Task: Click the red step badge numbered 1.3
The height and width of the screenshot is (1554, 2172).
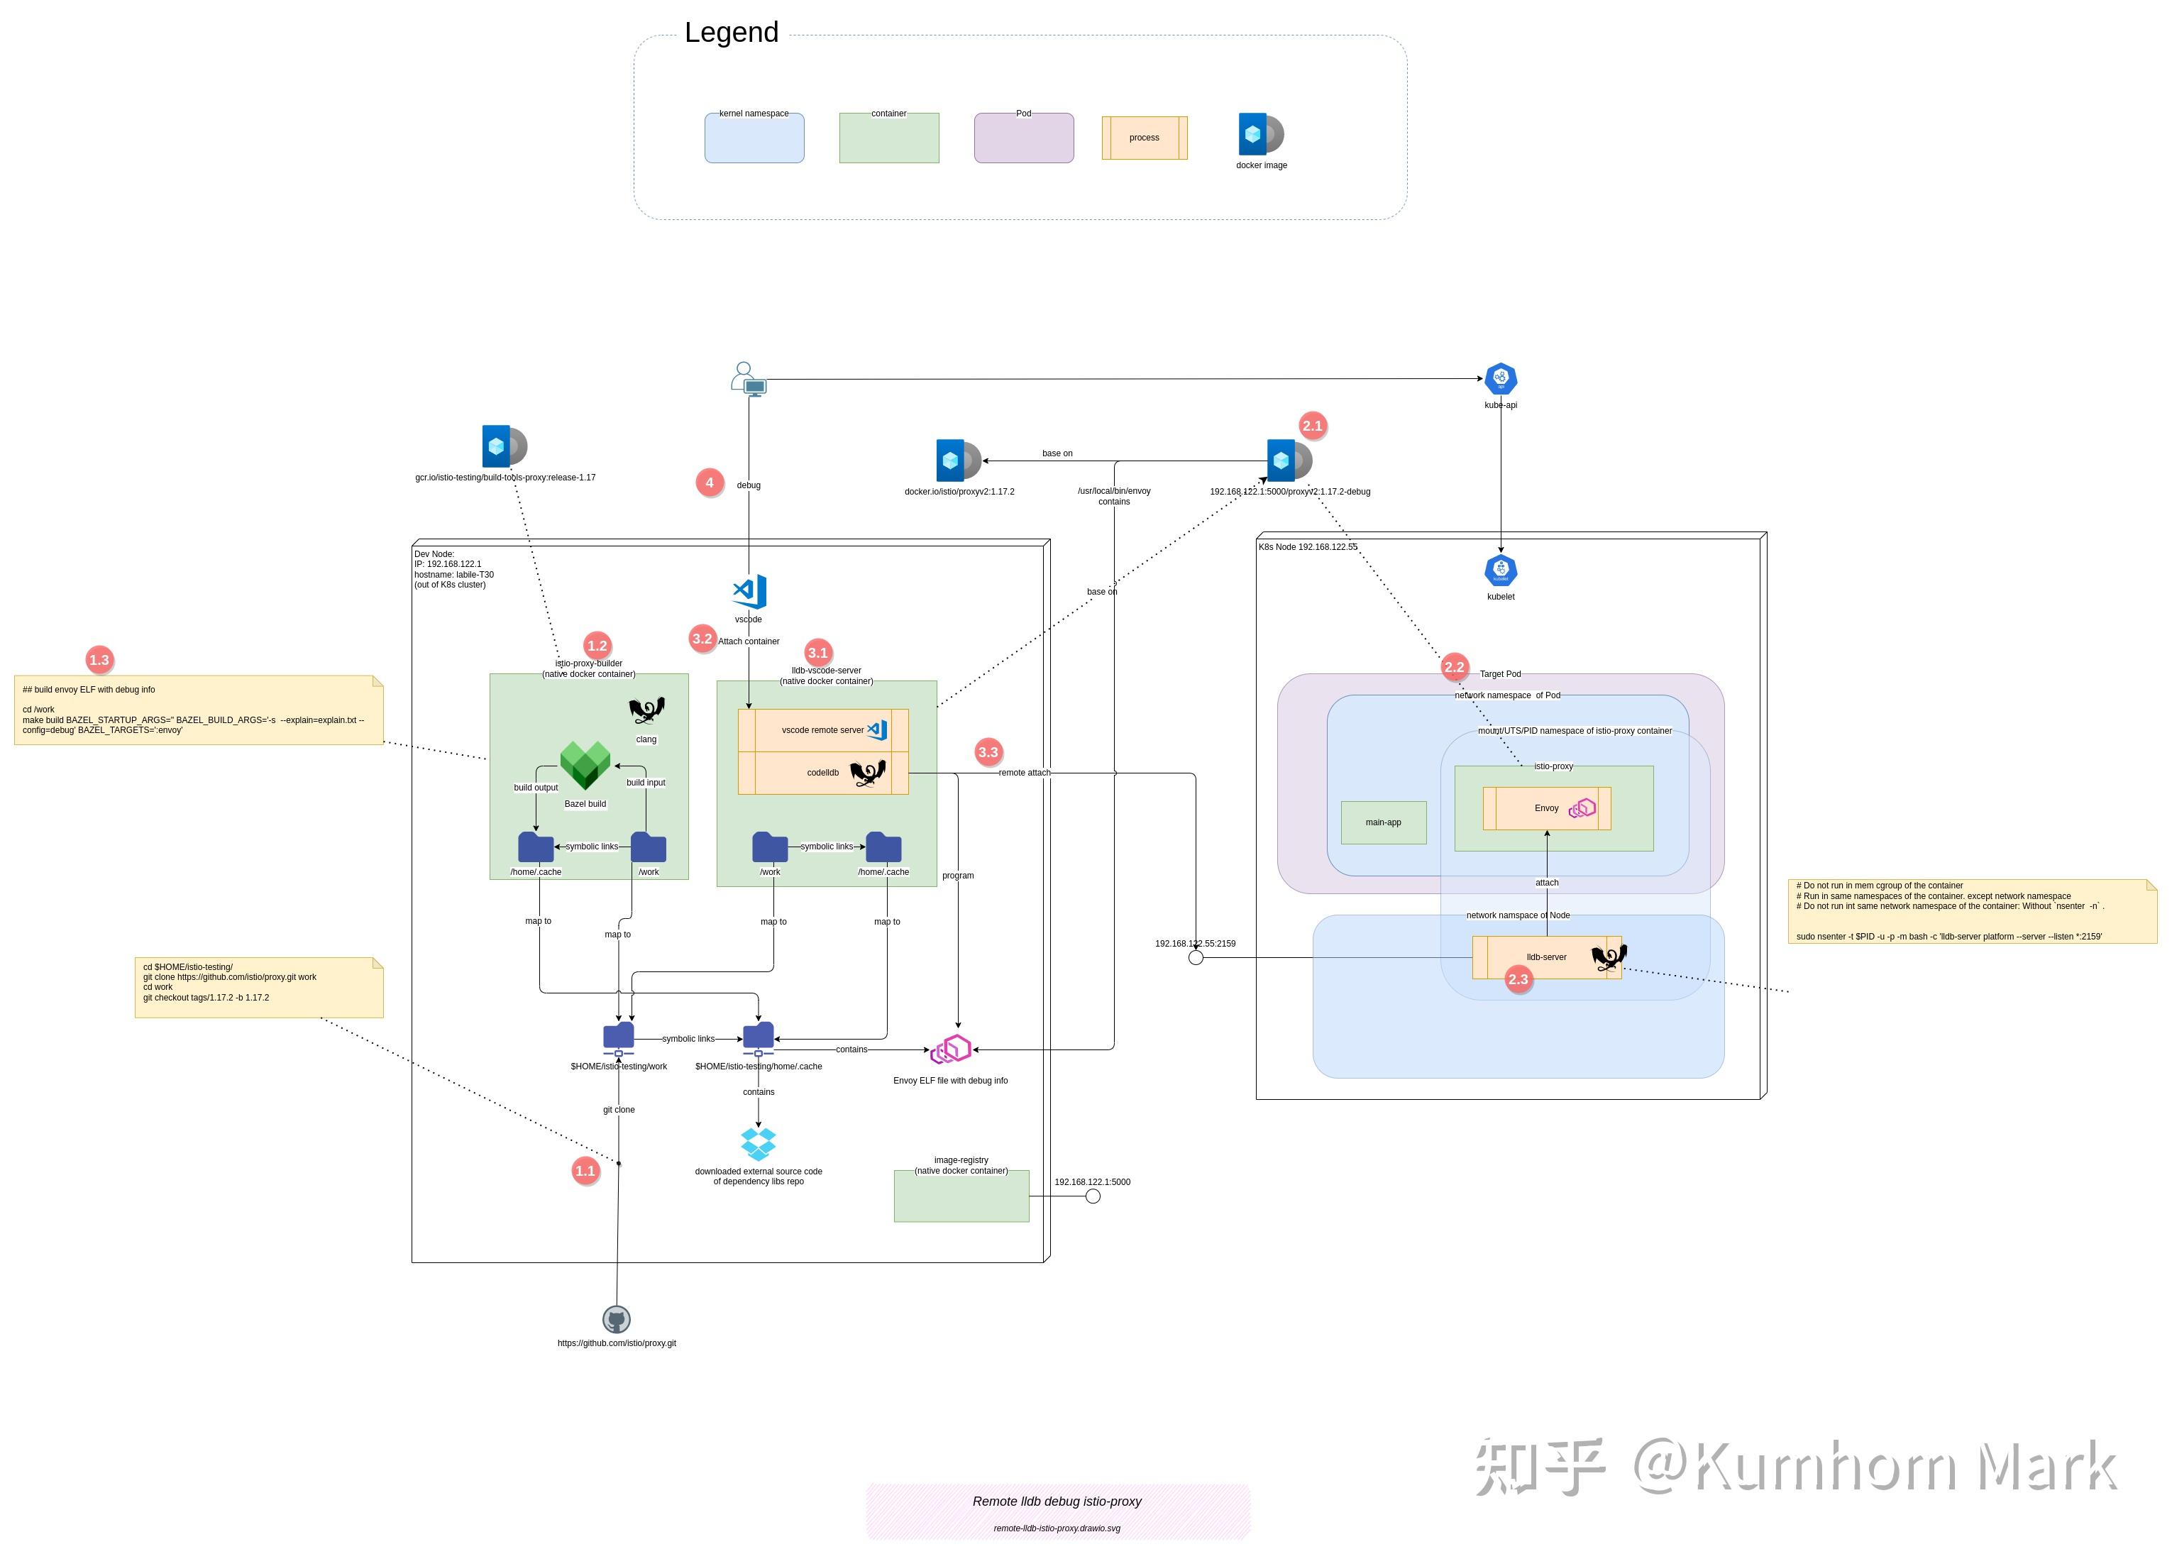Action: (99, 659)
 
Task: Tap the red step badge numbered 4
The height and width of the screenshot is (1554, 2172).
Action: (709, 483)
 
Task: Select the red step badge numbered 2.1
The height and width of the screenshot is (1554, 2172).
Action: (1312, 426)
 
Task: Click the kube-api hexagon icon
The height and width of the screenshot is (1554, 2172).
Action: (1499, 379)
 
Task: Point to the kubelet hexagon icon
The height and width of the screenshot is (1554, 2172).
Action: (1499, 571)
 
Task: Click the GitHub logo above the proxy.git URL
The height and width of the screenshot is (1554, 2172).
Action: (616, 1320)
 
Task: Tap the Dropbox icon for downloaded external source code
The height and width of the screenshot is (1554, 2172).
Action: (758, 1143)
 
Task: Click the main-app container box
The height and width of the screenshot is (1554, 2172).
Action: (1383, 822)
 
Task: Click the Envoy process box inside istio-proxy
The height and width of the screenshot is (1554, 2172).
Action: (1545, 809)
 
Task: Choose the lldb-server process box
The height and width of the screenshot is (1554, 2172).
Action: (1545, 957)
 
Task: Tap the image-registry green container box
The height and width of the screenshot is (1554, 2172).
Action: (961, 1196)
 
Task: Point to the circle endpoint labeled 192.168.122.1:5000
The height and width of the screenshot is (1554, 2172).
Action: (1092, 1196)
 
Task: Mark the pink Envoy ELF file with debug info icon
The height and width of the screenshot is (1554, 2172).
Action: (950, 1049)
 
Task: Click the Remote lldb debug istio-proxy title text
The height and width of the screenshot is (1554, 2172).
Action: (1057, 1501)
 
